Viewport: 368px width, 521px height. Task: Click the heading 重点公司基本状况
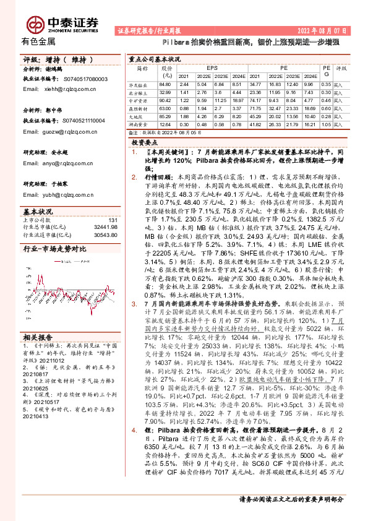click(155, 59)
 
